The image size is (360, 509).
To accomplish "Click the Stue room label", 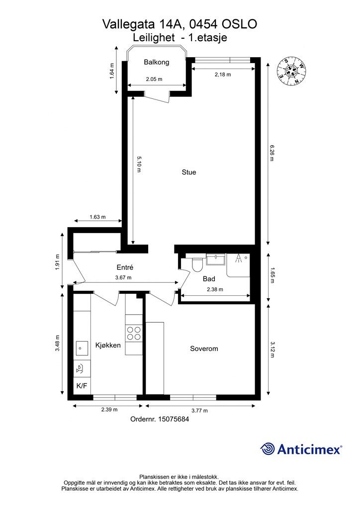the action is tap(188, 172).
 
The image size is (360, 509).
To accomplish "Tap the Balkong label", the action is tap(157, 62).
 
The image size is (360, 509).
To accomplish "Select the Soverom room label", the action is tap(204, 348).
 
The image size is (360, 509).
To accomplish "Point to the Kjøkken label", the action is tap(108, 345).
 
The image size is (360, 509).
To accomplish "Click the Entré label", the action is tap(125, 267).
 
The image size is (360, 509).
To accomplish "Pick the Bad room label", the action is tap(209, 279).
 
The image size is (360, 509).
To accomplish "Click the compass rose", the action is tap(291, 72).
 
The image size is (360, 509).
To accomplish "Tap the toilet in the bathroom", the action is tap(197, 264).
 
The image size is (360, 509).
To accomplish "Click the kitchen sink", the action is tap(82, 348).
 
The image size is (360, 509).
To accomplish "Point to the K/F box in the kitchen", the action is tap(82, 386).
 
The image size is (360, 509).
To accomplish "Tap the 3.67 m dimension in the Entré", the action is tap(123, 277).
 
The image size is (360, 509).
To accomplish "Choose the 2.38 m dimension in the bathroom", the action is tap(215, 289).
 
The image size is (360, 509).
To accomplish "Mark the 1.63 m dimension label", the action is tap(97, 217).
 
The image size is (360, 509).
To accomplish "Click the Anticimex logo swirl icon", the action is tap(267, 449).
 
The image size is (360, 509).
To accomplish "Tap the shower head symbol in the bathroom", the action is tap(239, 258).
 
